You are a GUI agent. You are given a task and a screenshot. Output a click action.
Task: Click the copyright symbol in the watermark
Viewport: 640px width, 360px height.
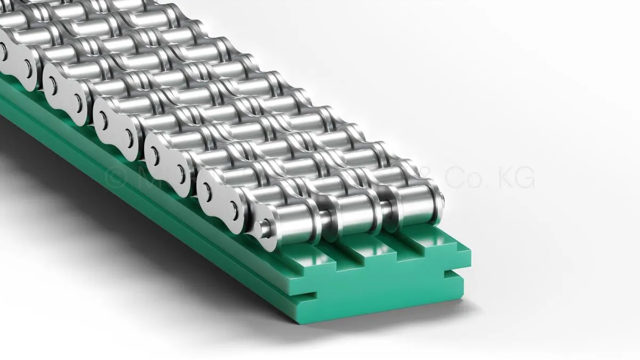114,177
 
